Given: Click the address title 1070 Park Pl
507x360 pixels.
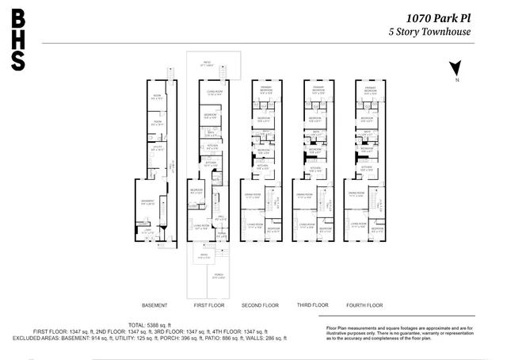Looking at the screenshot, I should coord(440,16).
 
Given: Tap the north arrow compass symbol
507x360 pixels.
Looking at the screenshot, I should coord(454,70).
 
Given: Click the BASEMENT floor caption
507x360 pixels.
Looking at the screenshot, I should coord(154,305).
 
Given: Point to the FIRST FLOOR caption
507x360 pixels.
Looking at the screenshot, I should coord(210,305).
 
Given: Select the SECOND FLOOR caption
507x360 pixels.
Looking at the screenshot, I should coord(260,305).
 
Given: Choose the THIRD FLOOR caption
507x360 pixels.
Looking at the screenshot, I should coord(312,305).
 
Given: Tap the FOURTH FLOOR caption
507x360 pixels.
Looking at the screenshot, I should coord(364,305).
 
